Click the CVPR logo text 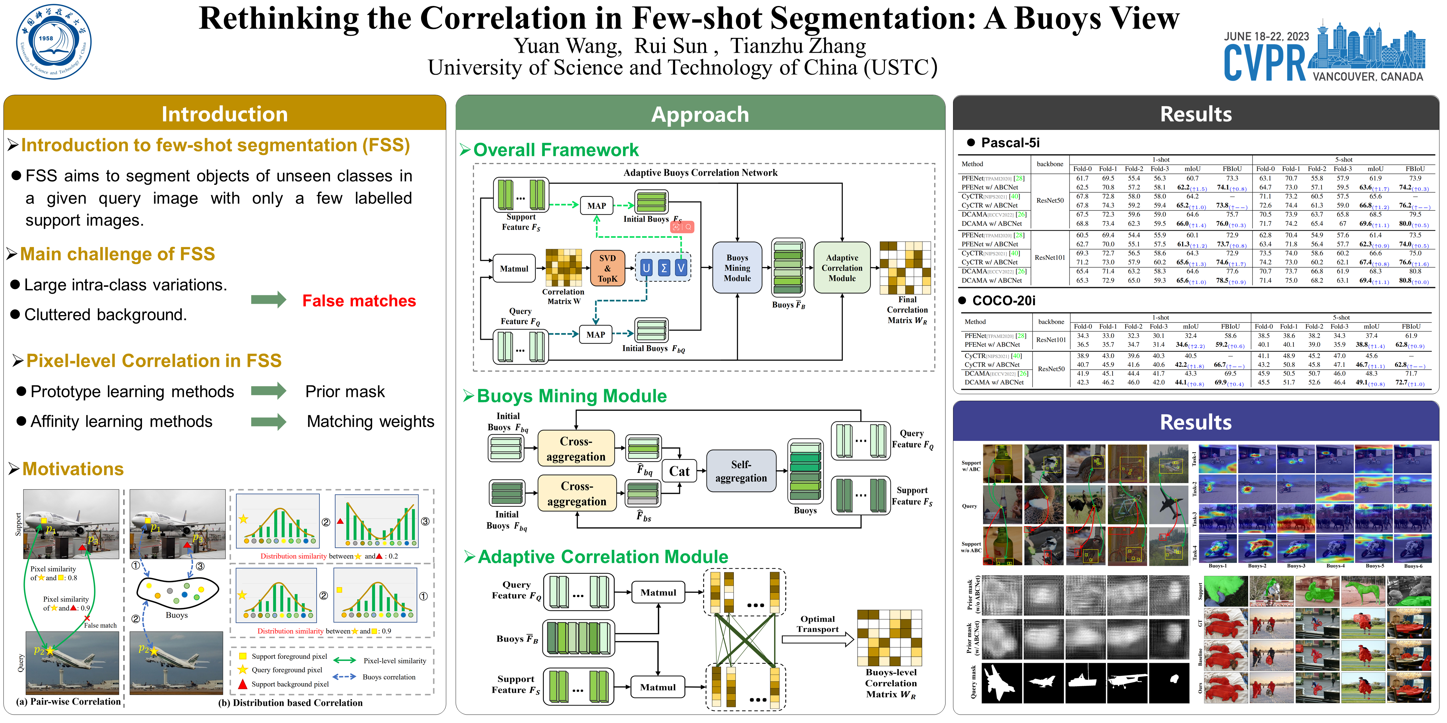tap(1265, 63)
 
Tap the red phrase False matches tap(359, 301)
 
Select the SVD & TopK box tap(607, 268)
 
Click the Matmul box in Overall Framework tap(514, 269)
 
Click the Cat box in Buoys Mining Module tap(679, 472)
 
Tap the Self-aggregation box tap(741, 472)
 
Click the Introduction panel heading tap(225, 114)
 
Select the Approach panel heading tap(700, 115)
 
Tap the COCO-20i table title tap(1003, 301)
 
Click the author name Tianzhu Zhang tap(798, 46)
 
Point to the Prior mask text tap(345, 392)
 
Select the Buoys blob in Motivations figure tap(177, 594)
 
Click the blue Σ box tap(664, 268)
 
